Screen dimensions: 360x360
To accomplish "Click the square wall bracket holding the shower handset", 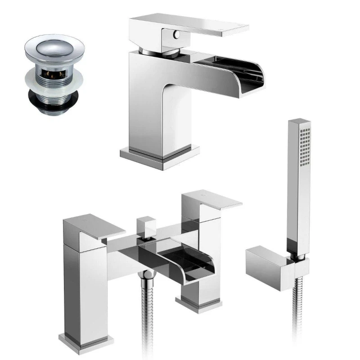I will point(270,265).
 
